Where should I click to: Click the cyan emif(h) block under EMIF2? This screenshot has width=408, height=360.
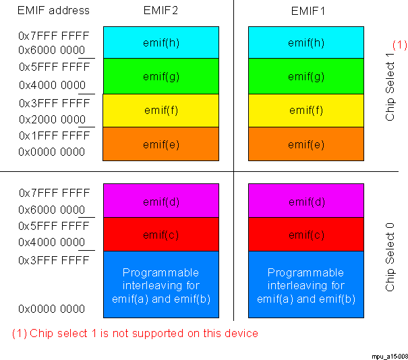pos(161,42)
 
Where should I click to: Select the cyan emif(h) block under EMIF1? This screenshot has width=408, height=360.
pos(306,42)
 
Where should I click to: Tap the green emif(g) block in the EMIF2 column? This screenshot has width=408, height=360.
pos(161,76)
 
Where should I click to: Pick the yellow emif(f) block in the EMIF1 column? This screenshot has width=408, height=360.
pos(306,110)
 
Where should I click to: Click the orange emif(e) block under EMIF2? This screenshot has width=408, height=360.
pos(161,144)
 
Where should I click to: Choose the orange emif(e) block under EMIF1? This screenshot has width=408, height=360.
pos(306,144)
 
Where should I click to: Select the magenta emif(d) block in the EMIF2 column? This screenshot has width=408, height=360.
pos(161,201)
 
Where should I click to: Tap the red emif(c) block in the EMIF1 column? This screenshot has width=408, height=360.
pos(306,235)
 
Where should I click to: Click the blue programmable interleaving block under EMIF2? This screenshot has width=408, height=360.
pos(161,285)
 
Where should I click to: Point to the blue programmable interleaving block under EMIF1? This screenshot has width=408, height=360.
pos(306,285)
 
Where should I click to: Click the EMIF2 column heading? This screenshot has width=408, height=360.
pos(161,11)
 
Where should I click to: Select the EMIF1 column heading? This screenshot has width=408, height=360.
pos(306,11)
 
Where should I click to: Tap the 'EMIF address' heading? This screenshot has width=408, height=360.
pos(53,11)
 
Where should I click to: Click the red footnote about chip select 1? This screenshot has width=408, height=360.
pos(135,333)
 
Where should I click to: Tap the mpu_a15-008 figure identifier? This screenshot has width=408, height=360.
pos(388,354)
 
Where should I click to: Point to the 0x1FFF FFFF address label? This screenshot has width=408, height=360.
pos(54,136)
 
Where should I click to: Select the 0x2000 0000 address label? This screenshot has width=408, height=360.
pos(52,119)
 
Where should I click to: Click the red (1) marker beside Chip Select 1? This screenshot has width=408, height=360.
pos(400,45)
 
